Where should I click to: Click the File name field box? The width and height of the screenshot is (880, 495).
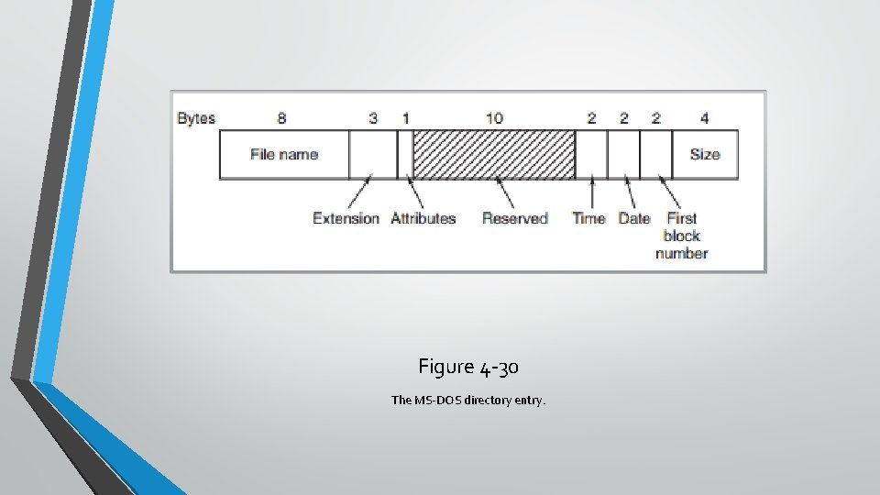(284, 154)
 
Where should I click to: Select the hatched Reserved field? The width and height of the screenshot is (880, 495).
(494, 154)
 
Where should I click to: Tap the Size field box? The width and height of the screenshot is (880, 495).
(704, 154)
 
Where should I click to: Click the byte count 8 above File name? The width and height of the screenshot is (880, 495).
(282, 118)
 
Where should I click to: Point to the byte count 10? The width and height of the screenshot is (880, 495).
(494, 118)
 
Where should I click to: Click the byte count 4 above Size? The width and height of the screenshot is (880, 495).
(704, 118)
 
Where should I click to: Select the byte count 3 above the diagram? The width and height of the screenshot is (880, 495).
(373, 118)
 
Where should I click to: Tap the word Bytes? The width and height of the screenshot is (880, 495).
(196, 118)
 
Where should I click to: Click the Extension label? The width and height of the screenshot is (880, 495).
(346, 218)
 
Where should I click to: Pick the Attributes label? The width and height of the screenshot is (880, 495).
(423, 218)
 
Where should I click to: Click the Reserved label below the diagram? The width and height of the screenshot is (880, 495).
(515, 218)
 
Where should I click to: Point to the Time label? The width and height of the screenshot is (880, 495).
(588, 218)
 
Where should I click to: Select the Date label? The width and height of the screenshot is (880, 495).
(633, 218)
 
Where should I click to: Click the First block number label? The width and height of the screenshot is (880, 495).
(682, 236)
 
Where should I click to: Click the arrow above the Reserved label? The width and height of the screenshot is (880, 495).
(505, 192)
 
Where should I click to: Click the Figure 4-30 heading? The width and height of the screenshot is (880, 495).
(468, 368)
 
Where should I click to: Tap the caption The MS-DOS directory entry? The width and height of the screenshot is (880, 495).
(468, 400)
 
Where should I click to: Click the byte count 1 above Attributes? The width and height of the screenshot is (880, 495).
(405, 118)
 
